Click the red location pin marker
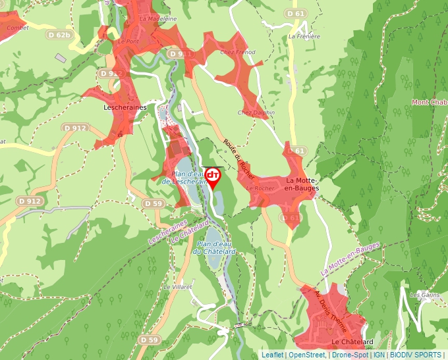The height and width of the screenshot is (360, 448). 213,176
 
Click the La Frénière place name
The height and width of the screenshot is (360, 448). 304,37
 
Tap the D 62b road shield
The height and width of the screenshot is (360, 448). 59,35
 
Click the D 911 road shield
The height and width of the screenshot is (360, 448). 179,53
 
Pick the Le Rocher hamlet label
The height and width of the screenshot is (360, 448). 260,188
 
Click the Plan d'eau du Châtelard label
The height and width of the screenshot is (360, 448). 214,247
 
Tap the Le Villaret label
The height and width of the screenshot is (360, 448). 177,288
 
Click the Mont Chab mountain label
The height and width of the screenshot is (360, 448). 429,102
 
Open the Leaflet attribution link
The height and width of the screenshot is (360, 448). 272,355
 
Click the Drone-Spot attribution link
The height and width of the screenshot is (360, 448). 350,355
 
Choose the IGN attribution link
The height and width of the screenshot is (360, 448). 379,355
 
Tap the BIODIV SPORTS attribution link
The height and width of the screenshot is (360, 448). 415,355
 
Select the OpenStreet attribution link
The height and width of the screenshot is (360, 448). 306,355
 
